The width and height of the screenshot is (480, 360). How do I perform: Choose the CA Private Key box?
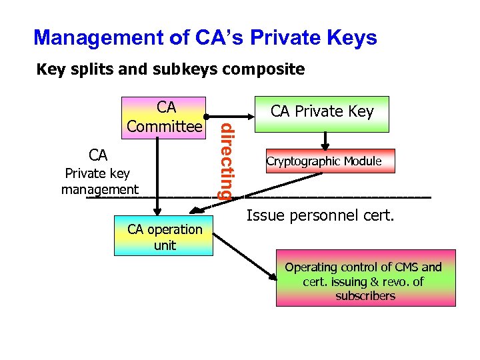(322, 111)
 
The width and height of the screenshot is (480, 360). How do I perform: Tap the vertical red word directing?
(227, 160)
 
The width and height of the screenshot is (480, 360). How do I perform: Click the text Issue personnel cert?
(321, 215)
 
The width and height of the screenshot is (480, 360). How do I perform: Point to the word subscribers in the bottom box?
(365, 295)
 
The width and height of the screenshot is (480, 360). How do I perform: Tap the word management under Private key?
(100, 189)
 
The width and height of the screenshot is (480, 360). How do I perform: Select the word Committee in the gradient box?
(165, 125)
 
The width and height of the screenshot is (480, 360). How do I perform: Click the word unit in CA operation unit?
(165, 245)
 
